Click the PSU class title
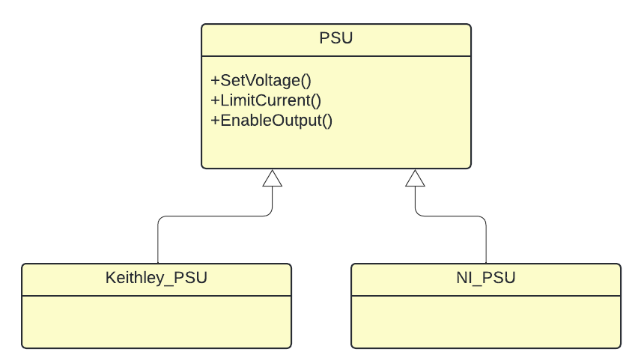(336, 38)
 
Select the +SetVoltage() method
(261, 80)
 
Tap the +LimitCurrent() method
(266, 100)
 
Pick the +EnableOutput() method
(272, 121)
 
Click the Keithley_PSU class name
(156, 278)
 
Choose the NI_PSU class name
(486, 278)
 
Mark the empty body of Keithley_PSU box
(157, 322)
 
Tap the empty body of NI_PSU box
(486, 322)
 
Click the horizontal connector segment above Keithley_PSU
(215, 216)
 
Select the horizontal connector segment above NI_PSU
(451, 216)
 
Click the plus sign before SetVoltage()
(215, 80)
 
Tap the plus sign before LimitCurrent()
(215, 100)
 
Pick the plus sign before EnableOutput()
(215, 121)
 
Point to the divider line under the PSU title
(336, 56)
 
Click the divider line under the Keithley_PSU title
(157, 296)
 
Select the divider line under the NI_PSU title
(486, 296)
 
